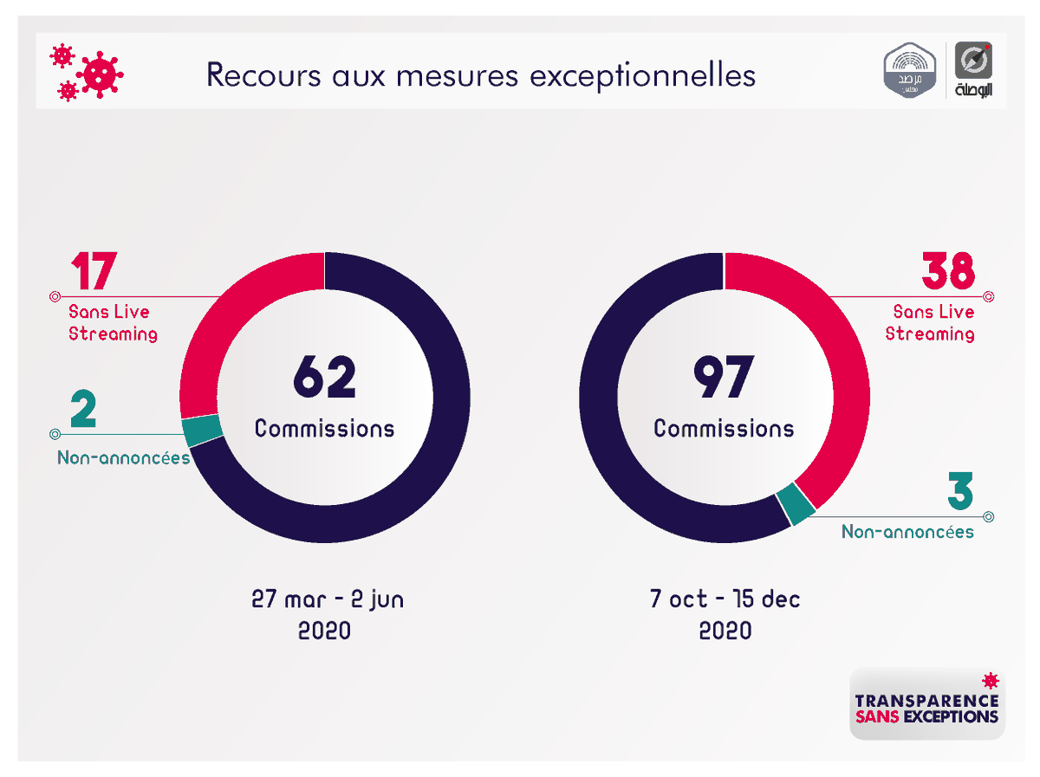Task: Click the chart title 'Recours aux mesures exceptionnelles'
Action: (481, 75)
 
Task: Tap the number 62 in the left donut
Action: (324, 378)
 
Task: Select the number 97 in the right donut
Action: (723, 378)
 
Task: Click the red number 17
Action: (93, 272)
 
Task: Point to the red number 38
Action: (947, 272)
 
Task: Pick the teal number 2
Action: (83, 411)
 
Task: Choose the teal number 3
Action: (959, 492)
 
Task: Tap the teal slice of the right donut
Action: (796, 505)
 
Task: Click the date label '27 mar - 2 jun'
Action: (327, 599)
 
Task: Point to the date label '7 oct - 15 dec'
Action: (725, 599)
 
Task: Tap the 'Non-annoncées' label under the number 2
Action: (123, 457)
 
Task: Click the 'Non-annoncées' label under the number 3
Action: (907, 531)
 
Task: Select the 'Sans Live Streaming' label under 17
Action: (113, 322)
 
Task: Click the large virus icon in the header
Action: (100, 74)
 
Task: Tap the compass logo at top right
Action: (973, 62)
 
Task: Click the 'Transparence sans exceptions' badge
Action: (926, 703)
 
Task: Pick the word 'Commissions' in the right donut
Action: (724, 428)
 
